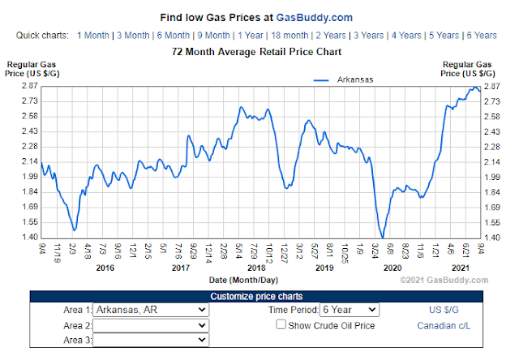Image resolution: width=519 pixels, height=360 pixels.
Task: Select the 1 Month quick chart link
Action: point(92,36)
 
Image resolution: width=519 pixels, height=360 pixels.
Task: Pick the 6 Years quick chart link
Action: point(482,36)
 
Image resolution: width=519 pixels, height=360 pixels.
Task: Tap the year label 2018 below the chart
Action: point(256,268)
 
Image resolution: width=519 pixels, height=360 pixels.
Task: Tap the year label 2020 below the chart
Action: point(392,268)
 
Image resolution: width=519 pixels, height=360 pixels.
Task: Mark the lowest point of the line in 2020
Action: point(381,236)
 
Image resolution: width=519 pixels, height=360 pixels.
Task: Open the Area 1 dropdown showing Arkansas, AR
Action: point(151,310)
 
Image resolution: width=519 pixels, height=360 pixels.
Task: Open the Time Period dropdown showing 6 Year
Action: point(349,310)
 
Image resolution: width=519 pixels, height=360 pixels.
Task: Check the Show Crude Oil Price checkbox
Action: point(281,325)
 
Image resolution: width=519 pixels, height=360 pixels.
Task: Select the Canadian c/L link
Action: point(443,326)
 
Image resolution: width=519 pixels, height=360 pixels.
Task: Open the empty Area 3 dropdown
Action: point(151,341)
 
